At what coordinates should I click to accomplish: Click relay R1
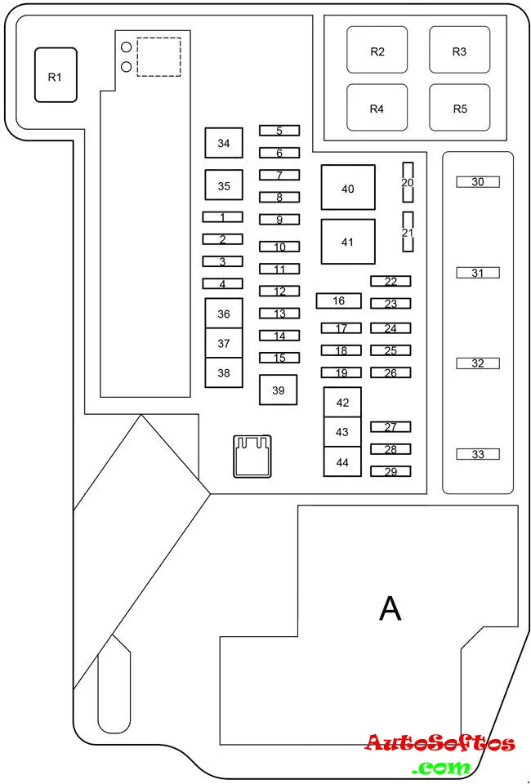[x=56, y=75]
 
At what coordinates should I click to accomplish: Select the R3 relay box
[x=459, y=50]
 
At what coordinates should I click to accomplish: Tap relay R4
[x=377, y=108]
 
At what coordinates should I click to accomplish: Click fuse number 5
[x=279, y=131]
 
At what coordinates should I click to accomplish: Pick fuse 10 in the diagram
[x=279, y=247]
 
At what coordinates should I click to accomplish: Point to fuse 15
[x=279, y=358]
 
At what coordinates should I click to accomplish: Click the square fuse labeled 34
[x=224, y=143]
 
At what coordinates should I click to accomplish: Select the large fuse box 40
[x=347, y=187]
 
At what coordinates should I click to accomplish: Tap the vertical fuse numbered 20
[x=408, y=182]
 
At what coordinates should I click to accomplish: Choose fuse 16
[x=338, y=301]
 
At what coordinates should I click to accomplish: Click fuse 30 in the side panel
[x=478, y=182]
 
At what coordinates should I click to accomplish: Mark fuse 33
[x=478, y=454]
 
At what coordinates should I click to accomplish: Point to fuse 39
[x=278, y=390]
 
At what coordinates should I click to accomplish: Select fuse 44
[x=342, y=461]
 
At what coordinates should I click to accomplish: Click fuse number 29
[x=390, y=471]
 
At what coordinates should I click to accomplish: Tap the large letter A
[x=390, y=608]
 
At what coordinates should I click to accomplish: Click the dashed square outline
[x=159, y=56]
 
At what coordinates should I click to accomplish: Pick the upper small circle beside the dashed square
[x=127, y=47]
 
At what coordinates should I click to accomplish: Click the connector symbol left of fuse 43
[x=252, y=456]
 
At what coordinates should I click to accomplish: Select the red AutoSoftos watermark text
[x=440, y=742]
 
